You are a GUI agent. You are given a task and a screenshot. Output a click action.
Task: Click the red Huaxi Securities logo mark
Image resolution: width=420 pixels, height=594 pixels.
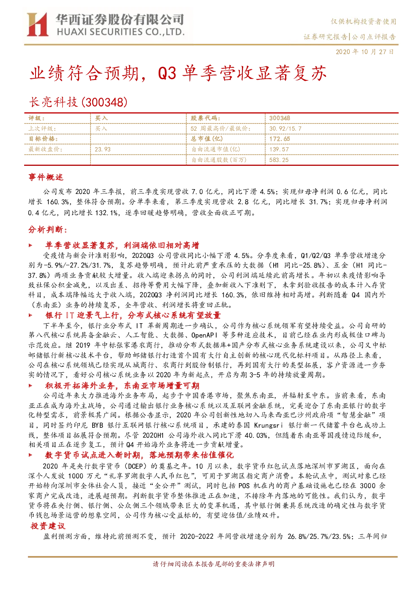tap(38, 24)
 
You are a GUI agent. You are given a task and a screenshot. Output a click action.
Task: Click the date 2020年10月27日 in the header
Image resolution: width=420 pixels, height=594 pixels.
tap(365, 52)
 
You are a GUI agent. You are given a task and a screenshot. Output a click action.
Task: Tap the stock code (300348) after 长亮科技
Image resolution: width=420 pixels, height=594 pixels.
tap(104, 102)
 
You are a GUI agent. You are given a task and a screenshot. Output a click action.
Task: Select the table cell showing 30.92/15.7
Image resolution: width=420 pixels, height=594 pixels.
tap(285, 129)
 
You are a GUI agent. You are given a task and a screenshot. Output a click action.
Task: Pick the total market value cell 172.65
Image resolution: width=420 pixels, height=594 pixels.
tap(280, 139)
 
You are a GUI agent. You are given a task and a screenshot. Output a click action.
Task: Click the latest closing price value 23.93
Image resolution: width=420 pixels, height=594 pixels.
tap(103, 149)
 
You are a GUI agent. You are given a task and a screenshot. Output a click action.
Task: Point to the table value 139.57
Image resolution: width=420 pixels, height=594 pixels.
tap(279, 149)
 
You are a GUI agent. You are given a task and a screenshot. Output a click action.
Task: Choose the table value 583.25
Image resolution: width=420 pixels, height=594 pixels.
tap(279, 160)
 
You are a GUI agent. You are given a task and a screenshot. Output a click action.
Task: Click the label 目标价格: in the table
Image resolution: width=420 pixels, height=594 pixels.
tap(43, 139)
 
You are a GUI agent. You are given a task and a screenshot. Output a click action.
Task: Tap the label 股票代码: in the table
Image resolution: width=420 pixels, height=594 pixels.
tap(206, 118)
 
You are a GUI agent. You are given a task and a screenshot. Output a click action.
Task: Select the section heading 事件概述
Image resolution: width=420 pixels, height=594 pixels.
tap(46, 177)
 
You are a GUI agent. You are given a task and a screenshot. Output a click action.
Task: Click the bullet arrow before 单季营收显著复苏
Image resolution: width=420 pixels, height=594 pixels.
tap(30, 245)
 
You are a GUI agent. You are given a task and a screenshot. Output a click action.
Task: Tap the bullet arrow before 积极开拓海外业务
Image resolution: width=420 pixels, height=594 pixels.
tap(30, 386)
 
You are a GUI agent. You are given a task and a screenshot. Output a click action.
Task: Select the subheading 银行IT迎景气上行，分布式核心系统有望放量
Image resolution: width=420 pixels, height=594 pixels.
tap(133, 315)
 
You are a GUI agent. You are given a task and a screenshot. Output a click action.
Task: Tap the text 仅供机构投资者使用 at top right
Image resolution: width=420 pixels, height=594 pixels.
tap(363, 22)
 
